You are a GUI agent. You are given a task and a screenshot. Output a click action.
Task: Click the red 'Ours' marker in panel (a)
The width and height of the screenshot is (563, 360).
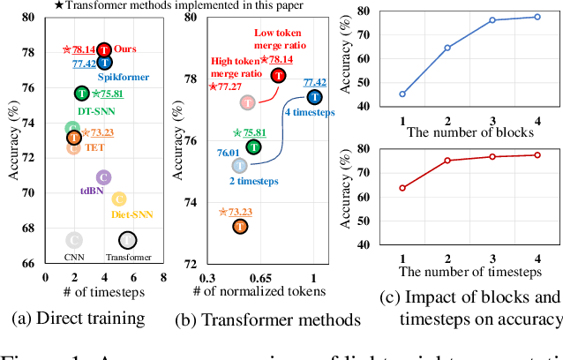103,49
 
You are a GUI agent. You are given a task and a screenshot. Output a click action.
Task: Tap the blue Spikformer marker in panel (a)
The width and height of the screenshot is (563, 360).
104,63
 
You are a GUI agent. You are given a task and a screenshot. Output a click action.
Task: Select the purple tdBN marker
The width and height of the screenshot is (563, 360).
103,177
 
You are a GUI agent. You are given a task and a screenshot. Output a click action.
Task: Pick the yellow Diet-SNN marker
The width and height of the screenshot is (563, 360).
118,199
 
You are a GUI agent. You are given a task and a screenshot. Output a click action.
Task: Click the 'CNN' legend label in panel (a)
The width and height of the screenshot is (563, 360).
73,257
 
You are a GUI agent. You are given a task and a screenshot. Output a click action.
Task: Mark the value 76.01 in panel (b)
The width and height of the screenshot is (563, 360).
229,152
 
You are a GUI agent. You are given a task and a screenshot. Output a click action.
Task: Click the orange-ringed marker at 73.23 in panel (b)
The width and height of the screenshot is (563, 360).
240,227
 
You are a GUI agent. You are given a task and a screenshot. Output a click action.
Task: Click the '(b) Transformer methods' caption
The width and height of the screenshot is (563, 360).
257,318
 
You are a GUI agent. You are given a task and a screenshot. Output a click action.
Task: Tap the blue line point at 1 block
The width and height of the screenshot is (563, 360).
403,94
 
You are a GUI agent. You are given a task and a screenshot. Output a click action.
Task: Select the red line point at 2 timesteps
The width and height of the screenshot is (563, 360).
447,160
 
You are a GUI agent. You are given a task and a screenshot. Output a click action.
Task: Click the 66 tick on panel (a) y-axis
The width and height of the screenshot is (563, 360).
29,263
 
